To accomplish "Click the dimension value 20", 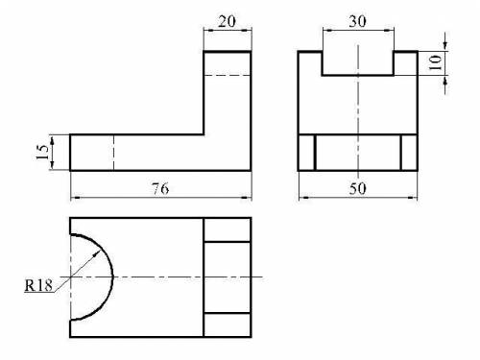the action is (x=227, y=21).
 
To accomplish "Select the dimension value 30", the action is (x=357, y=21).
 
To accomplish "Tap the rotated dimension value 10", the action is (x=434, y=62).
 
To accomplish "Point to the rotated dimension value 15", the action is (x=42, y=153).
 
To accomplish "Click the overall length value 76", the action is (x=160, y=188).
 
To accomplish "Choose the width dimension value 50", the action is (x=357, y=188).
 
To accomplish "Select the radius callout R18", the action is (x=38, y=285).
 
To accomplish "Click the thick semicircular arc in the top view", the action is (x=112, y=276).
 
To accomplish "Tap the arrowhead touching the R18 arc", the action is (x=96, y=254).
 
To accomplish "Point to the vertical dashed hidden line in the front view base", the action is (x=113, y=153).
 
